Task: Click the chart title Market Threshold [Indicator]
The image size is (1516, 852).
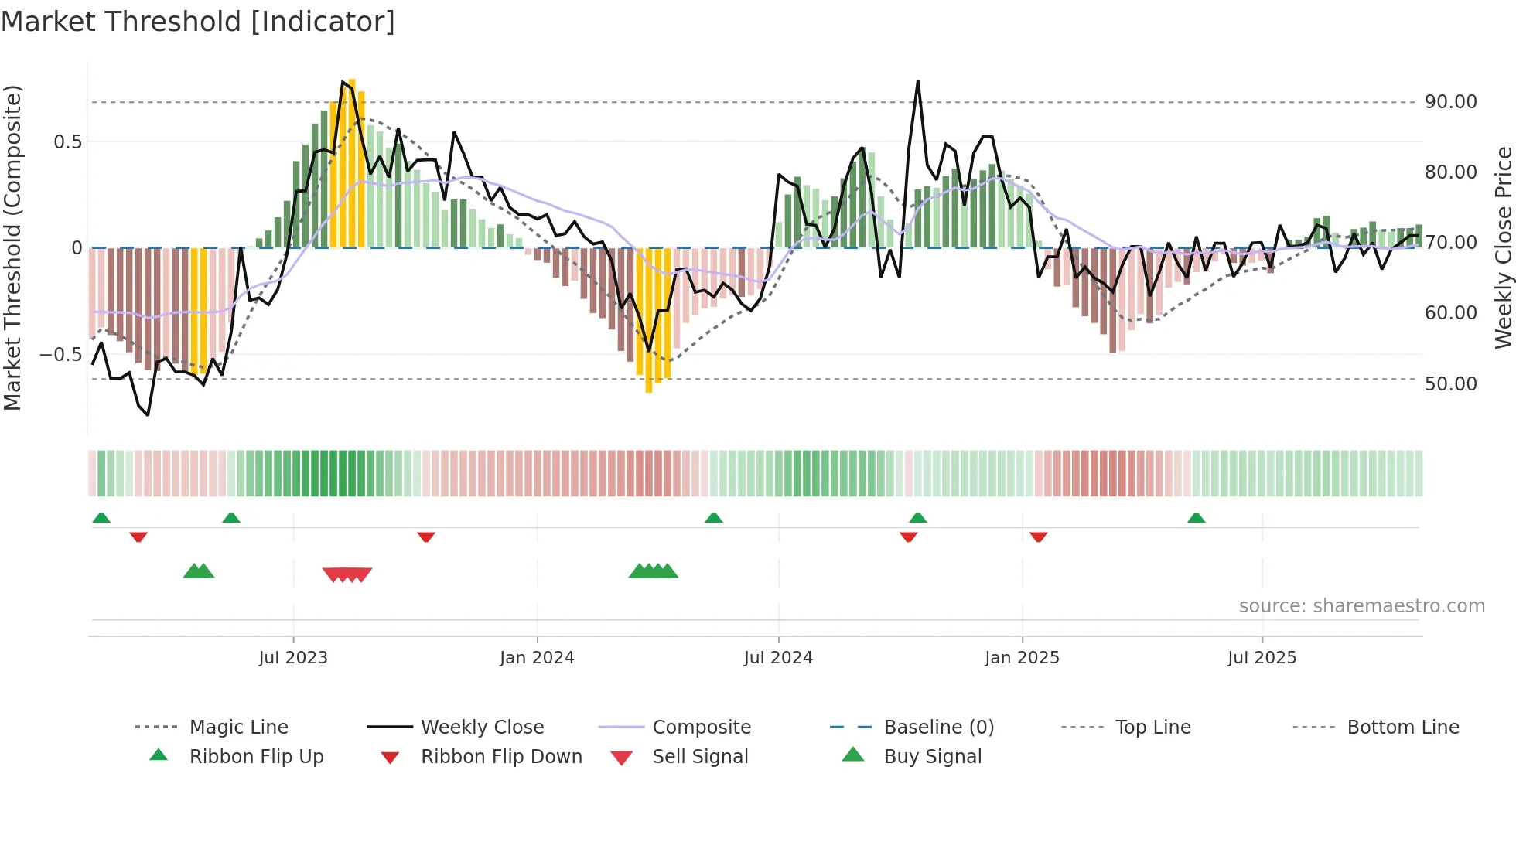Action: pyautogui.click(x=198, y=22)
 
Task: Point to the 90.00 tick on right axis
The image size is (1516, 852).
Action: pyautogui.click(x=1450, y=102)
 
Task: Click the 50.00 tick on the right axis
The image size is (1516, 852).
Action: pyautogui.click(x=1450, y=384)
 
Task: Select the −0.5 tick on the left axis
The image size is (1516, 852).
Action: pyautogui.click(x=60, y=355)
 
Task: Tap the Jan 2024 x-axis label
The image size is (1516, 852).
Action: pyautogui.click(x=537, y=658)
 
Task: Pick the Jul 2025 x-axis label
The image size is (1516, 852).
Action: pyautogui.click(x=1262, y=658)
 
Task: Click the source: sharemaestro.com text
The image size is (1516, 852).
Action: pyautogui.click(x=1361, y=606)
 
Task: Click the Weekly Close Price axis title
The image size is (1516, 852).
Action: pyautogui.click(x=1503, y=247)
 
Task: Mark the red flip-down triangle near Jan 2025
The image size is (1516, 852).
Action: pyautogui.click(x=1038, y=537)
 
